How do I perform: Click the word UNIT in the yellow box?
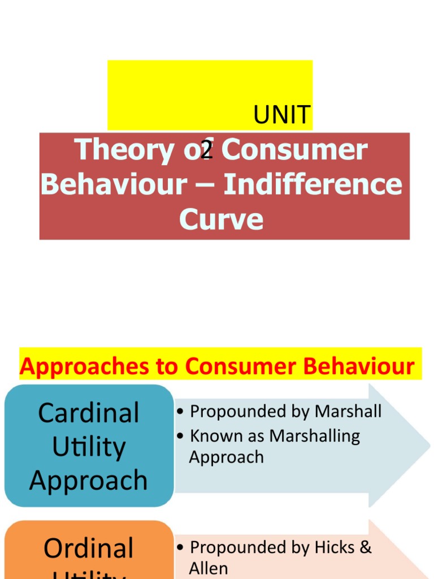point(282,115)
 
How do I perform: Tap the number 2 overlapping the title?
point(207,150)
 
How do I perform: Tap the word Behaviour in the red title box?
point(113,184)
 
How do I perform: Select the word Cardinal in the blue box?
point(89,413)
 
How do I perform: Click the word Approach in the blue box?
point(89,481)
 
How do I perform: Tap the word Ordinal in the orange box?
point(89,548)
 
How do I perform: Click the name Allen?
point(209,568)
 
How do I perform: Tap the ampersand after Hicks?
point(366,547)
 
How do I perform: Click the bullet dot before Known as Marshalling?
point(180,437)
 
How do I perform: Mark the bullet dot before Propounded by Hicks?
point(180,547)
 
